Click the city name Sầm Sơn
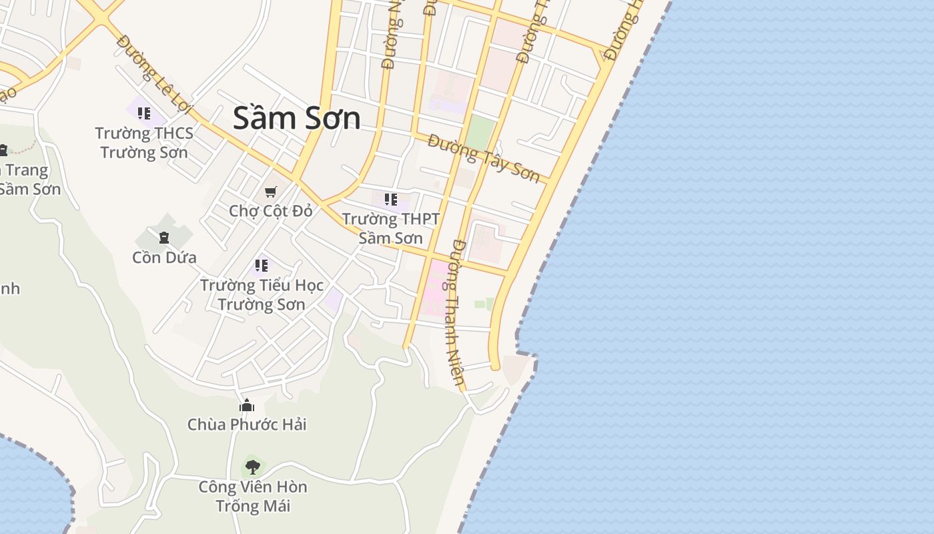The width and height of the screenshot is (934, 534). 297,118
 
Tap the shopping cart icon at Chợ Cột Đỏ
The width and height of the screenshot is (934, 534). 270,192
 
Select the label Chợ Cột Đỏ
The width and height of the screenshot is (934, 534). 270,211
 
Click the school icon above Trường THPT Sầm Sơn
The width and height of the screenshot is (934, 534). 391,199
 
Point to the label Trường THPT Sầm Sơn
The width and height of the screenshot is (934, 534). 391,228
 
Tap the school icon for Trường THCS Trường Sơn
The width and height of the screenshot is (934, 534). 144,113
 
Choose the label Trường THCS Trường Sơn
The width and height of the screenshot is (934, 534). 144,142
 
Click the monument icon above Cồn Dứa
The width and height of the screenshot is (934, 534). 164,237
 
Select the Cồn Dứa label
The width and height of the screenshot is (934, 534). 164,257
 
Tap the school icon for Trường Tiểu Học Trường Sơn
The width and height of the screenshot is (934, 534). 262,266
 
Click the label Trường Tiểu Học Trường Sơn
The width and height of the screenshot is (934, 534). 262,294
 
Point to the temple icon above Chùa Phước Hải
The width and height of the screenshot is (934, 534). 247,405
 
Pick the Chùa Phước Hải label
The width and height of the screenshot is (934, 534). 247,425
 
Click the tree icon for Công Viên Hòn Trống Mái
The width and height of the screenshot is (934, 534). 252,467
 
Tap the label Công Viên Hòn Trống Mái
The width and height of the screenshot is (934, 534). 253,496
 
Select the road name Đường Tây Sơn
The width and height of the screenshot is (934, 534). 484,158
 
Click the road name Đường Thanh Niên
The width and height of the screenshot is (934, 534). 458,312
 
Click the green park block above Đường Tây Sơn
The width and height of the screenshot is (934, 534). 480,133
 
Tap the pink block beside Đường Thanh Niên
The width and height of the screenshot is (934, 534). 435,287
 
